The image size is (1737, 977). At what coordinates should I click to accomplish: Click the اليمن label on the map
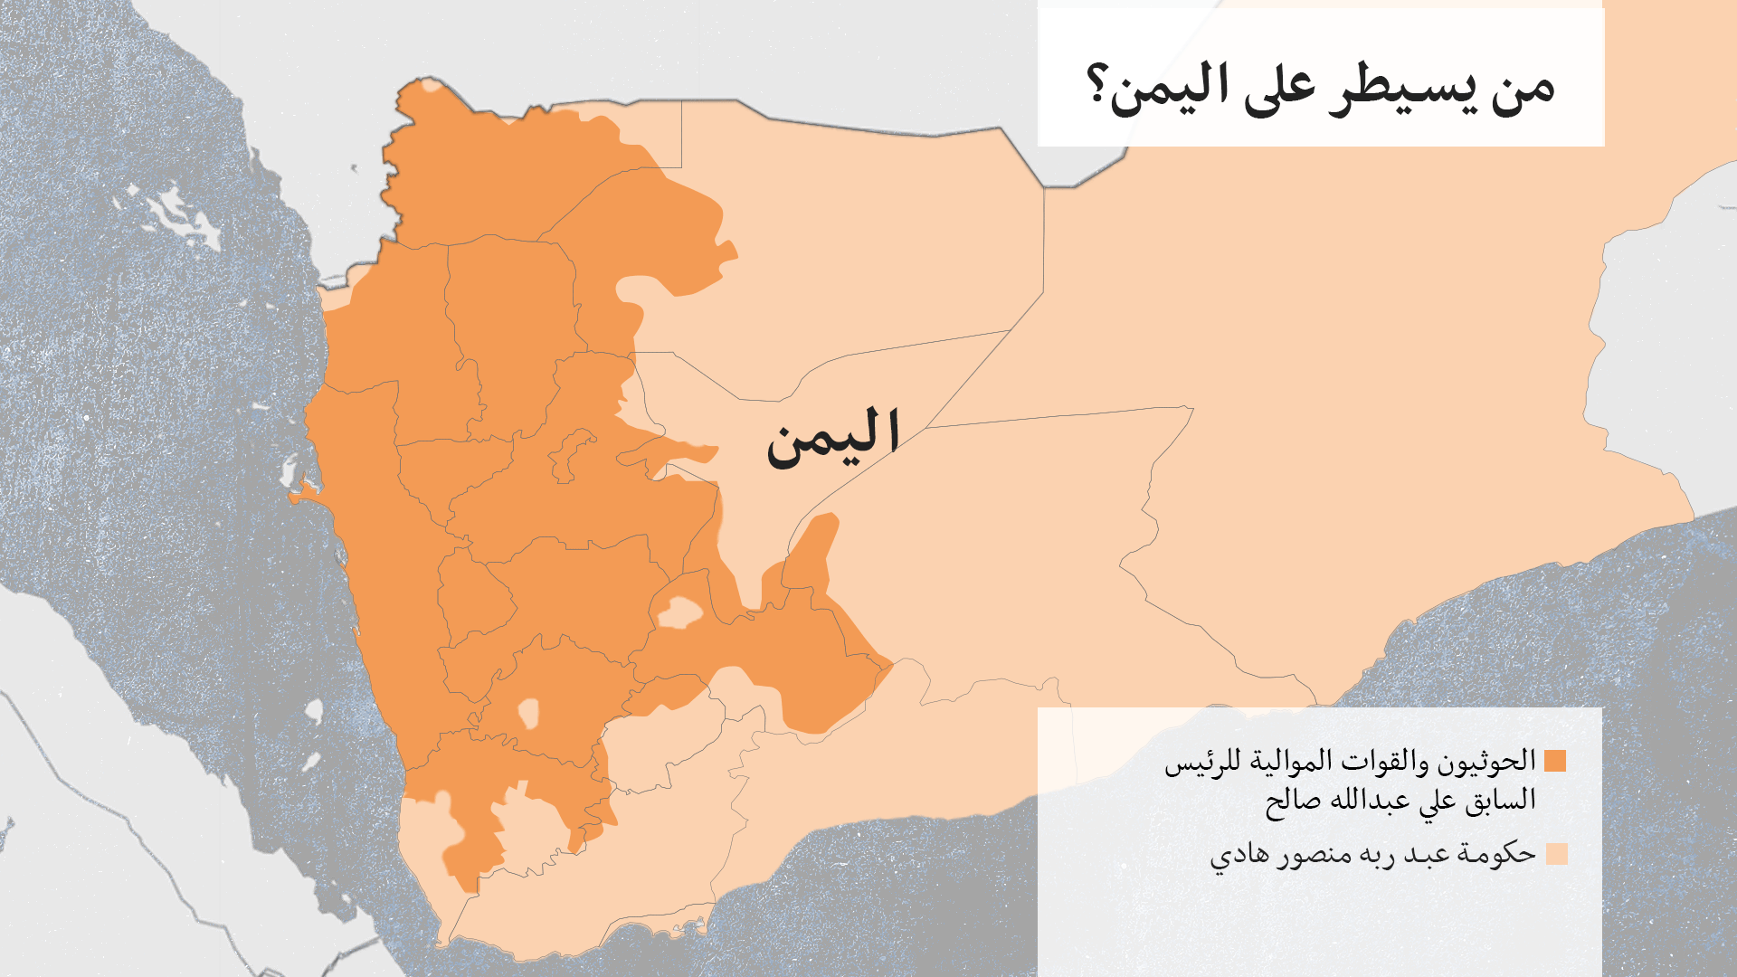coord(833,438)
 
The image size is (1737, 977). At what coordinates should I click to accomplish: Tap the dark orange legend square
coord(1555,761)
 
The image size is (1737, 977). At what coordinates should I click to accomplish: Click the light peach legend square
coord(1556,854)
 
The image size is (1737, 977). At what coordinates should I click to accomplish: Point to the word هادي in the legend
coord(1235,855)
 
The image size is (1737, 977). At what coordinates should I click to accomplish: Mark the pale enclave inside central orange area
coord(679,613)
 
